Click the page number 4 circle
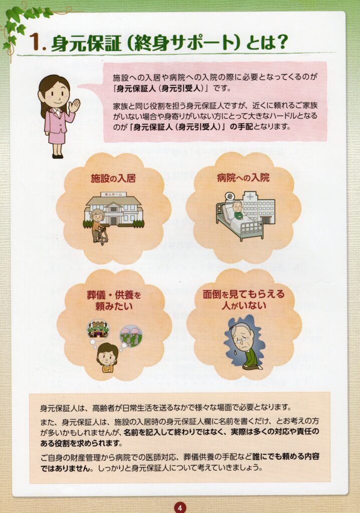point(179,507)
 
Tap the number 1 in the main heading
point(34,43)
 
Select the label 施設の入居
point(113,179)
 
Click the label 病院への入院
point(243,178)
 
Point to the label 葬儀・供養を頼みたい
point(114,301)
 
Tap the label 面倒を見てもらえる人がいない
point(244,300)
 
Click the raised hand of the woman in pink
point(74,105)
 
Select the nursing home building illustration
point(113,209)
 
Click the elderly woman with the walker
point(98,227)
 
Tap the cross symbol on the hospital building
point(250,197)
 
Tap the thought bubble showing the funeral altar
point(98,329)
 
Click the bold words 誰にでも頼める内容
point(286,456)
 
